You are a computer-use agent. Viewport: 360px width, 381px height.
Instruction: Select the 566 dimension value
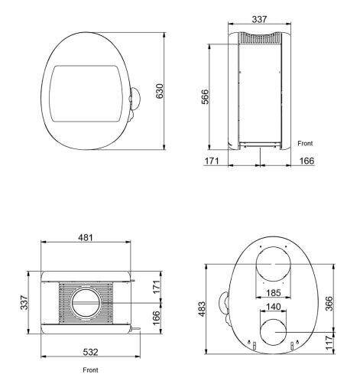(205, 99)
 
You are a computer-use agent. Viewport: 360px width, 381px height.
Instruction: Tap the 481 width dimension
(86, 238)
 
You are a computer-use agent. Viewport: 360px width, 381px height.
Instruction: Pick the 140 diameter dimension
(272, 307)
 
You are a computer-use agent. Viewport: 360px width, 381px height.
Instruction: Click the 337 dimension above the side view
(260, 18)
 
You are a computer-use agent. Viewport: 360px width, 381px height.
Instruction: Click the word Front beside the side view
(305, 143)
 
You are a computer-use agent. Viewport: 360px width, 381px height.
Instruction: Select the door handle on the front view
(135, 98)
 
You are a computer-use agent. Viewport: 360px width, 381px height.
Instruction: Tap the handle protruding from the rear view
(224, 304)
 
